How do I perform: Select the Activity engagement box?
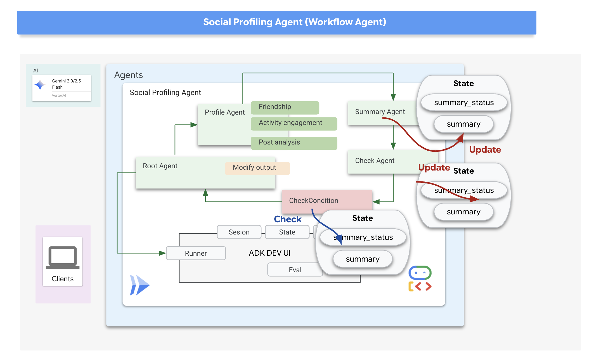294,124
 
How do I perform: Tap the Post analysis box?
294,143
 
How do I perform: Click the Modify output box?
257,168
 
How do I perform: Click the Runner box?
196,253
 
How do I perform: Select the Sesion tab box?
239,232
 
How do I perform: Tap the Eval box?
295,270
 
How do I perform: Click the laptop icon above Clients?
63,257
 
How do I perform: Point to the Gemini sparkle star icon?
40,85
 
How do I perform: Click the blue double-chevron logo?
139,285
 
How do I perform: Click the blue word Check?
287,219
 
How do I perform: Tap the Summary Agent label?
380,112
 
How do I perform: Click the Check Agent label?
375,161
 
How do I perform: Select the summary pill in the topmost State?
463,124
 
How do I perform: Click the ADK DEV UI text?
269,253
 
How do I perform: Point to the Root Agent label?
160,166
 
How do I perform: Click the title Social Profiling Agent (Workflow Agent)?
294,22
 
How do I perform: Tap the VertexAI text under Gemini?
59,95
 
